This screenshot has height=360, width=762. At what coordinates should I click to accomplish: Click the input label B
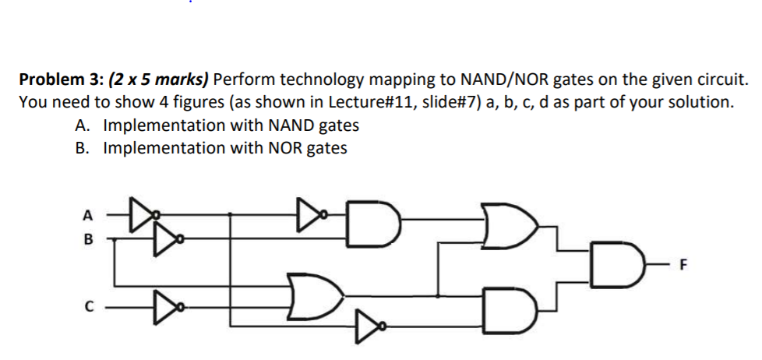click(x=87, y=241)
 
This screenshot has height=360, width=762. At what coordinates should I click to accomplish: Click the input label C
click(x=87, y=306)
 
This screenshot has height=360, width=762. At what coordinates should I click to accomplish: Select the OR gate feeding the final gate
click(x=509, y=222)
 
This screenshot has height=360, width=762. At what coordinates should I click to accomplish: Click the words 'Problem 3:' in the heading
click(x=60, y=79)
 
